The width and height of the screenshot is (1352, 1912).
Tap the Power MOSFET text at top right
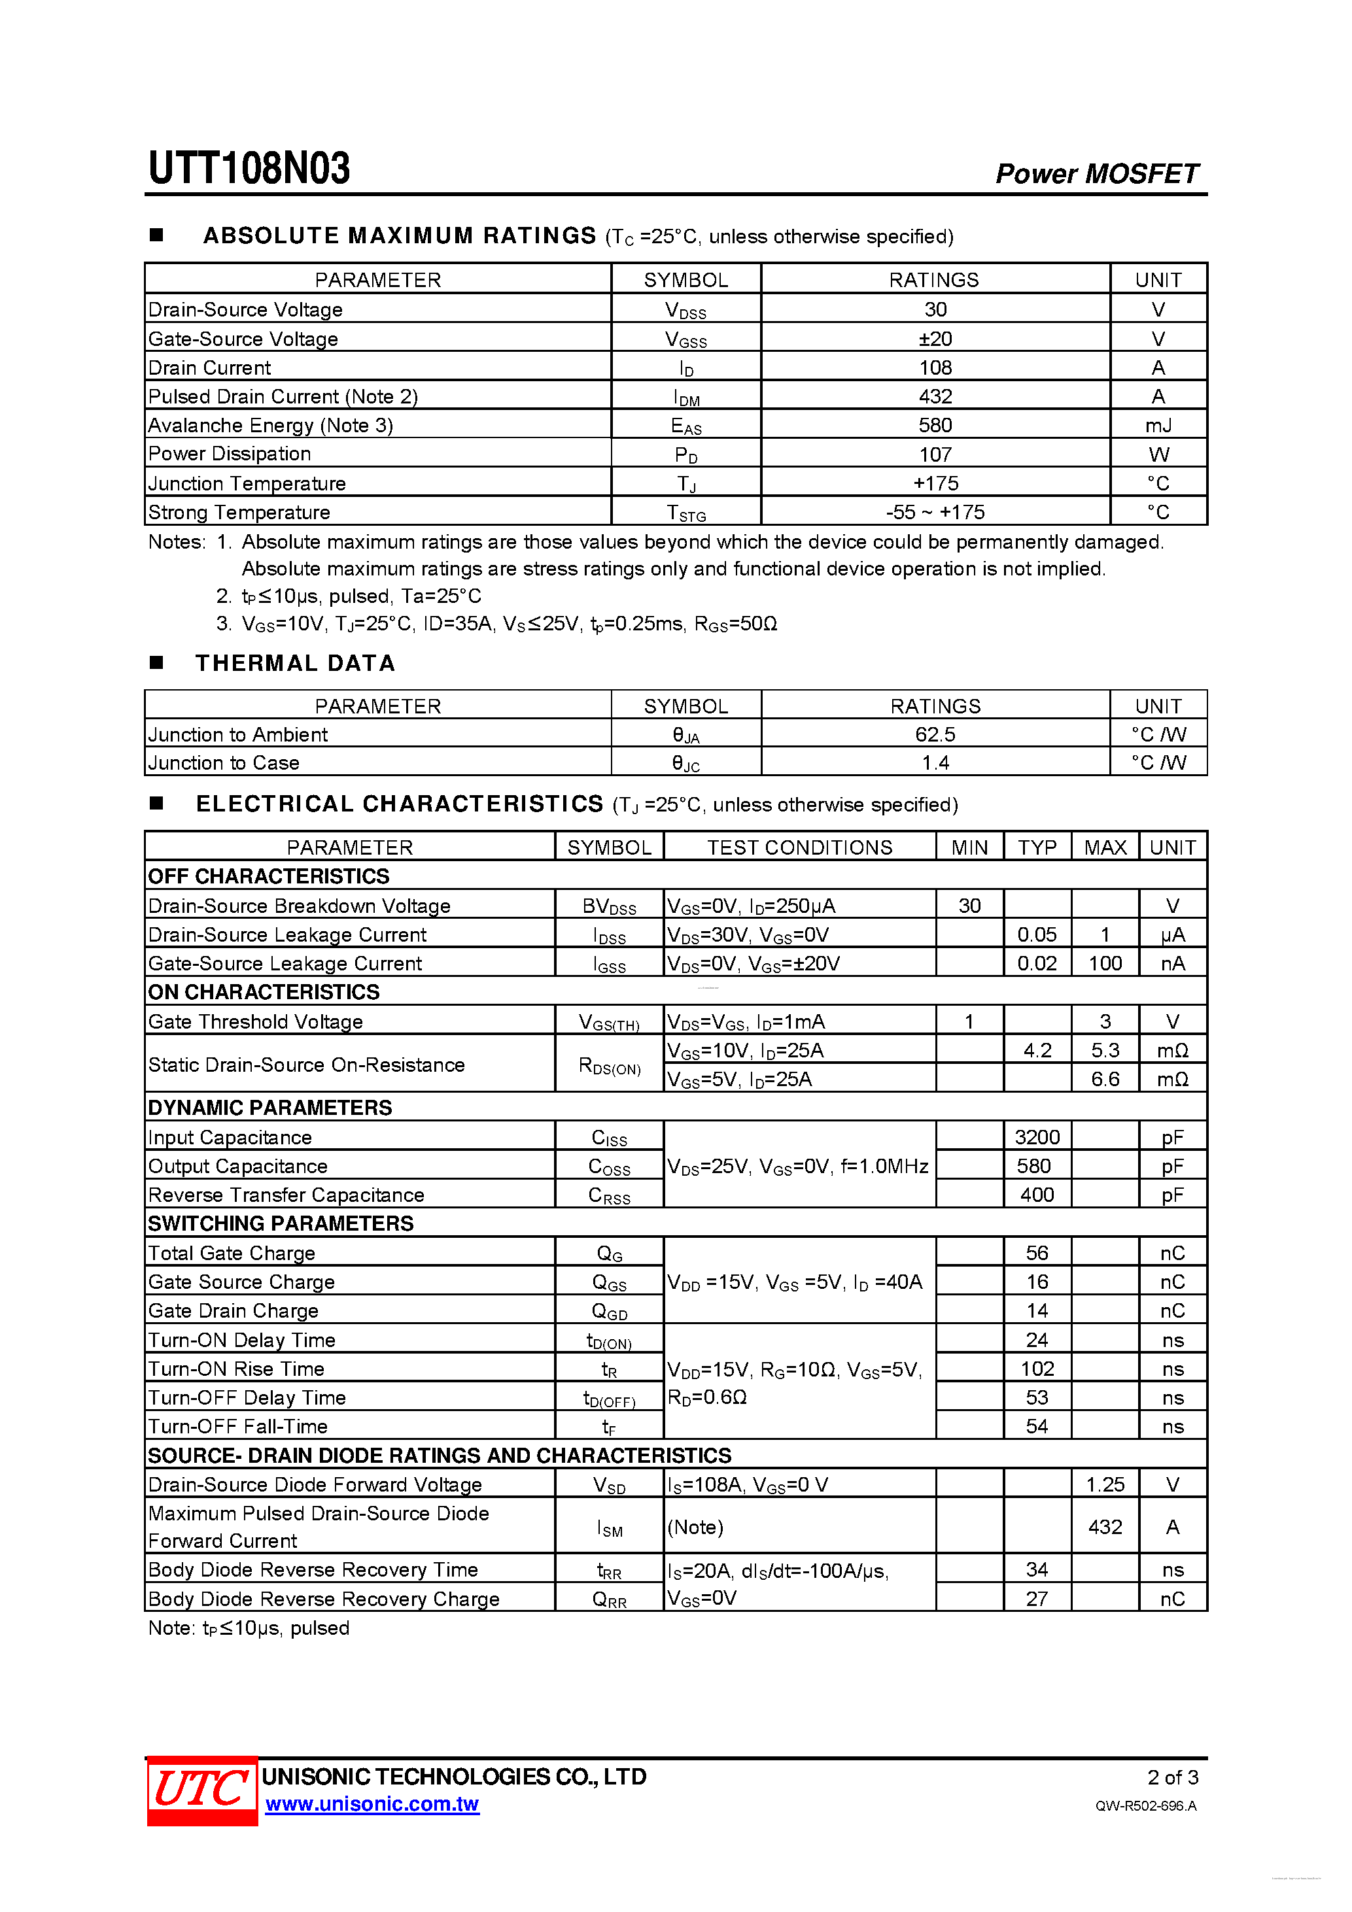click(1096, 173)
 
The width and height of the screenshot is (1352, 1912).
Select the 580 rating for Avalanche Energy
click(935, 426)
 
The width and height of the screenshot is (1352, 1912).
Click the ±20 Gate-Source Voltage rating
click(935, 339)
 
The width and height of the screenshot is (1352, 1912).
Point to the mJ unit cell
click(1158, 426)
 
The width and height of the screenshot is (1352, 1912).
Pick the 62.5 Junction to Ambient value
click(935, 734)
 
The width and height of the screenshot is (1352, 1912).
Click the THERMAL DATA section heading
click(295, 663)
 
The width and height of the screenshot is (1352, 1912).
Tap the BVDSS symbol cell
click(609, 906)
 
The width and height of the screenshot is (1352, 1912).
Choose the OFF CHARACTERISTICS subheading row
click(268, 876)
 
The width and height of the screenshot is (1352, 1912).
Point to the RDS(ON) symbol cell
click(609, 1065)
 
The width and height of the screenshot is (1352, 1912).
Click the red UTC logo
click(201, 1790)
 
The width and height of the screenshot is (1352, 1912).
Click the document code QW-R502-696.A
click(1145, 1805)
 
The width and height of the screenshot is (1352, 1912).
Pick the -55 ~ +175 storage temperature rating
click(935, 512)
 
